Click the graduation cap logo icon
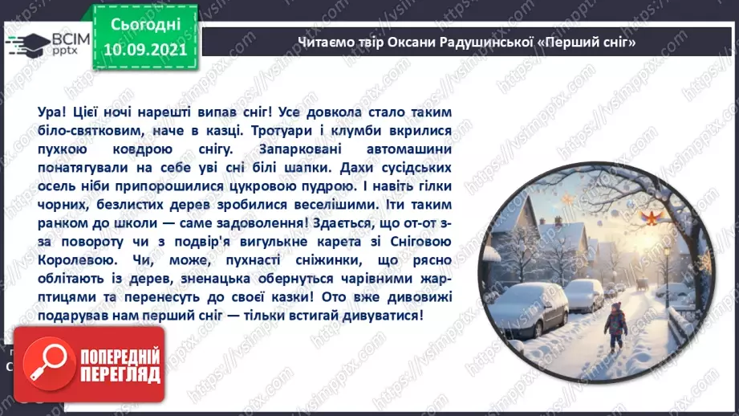point(25,42)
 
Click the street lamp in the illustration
point(666,265)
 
